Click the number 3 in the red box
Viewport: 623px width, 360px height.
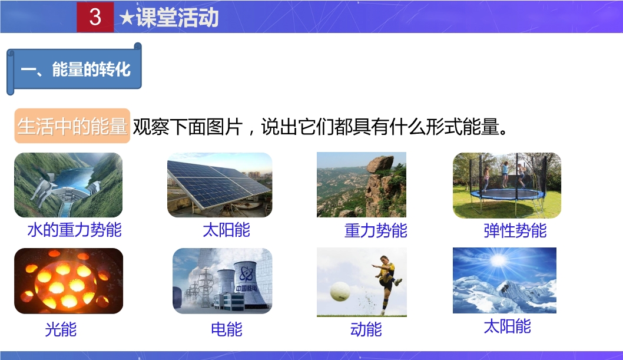point(95,16)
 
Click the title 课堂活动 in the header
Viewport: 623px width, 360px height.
point(177,18)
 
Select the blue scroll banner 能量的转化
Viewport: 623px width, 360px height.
point(74,69)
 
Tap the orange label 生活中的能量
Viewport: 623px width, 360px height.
point(72,126)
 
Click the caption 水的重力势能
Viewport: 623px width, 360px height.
point(74,230)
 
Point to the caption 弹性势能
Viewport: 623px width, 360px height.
point(515,230)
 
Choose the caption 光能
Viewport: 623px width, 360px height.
point(61,329)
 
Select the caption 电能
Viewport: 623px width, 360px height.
point(227,329)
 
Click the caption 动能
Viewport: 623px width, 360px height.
point(366,329)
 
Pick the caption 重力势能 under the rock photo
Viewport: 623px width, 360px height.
point(376,230)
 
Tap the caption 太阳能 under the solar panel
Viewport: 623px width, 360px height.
point(226,230)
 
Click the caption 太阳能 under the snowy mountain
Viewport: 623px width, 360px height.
point(508,326)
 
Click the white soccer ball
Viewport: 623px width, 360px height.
point(340,291)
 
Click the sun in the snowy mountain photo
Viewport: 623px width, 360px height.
point(498,260)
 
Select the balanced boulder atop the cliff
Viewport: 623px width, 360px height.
point(380,164)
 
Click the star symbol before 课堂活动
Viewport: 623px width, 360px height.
point(127,18)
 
